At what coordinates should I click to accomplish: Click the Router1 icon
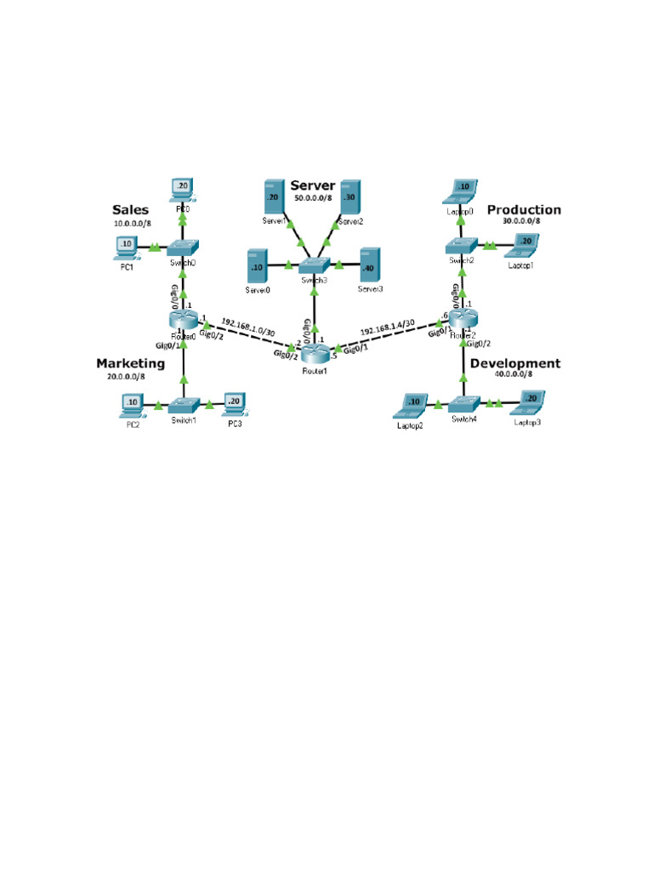coord(315,350)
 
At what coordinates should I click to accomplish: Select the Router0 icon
coord(183,320)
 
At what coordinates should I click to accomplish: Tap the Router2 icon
coord(463,319)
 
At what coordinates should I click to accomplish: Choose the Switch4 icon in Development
coord(463,404)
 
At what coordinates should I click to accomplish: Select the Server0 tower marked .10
coord(258,265)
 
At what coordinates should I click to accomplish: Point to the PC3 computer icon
coord(235,402)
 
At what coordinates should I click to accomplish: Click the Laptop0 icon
coord(463,191)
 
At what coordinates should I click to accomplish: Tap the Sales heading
coord(130,210)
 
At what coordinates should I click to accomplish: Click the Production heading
coord(524,209)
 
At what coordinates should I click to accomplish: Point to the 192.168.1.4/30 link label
coord(388,327)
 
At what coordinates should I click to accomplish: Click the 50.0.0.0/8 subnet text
coord(313,198)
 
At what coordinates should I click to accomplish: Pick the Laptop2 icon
coord(413,404)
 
